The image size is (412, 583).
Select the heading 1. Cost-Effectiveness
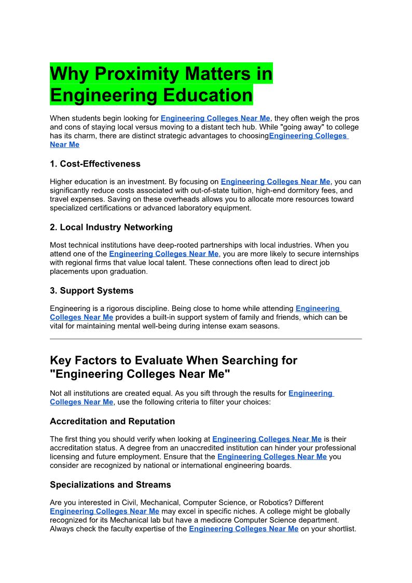pyautogui.click(x=95, y=164)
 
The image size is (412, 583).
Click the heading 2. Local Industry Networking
pyautogui.click(x=111, y=227)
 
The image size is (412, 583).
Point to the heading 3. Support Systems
pyautogui.click(x=92, y=290)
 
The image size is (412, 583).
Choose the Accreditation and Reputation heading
pyautogui.click(x=112, y=421)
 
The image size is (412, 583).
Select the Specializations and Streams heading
pyautogui.click(x=111, y=484)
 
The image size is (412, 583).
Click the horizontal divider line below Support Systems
pyautogui.click(x=205, y=338)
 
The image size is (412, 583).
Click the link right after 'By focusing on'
pyautogui.click(x=276, y=182)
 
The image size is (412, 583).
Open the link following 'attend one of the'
pyautogui.click(x=164, y=254)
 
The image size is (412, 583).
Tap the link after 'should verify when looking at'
pyautogui.click(x=267, y=439)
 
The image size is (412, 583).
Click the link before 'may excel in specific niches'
pyautogui.click(x=104, y=511)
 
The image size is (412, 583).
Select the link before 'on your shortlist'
pyautogui.click(x=243, y=529)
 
